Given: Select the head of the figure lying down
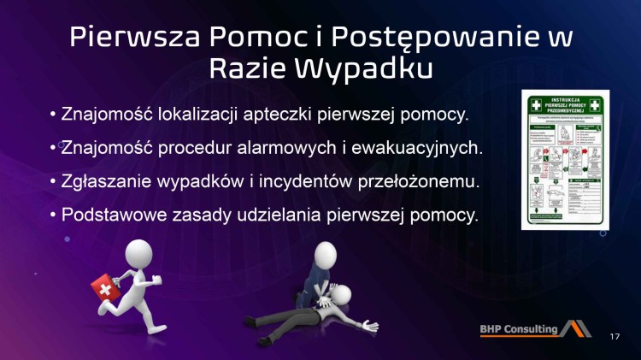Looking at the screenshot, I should click(342, 296).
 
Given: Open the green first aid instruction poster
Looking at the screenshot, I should click(564, 162).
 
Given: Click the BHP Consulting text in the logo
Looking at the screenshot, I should click(516, 328).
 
